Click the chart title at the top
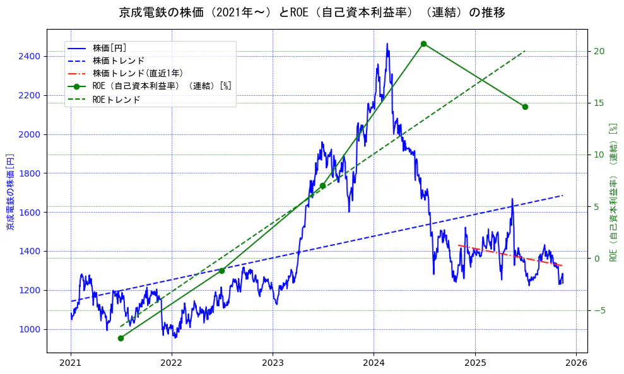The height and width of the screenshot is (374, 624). (x=312, y=12)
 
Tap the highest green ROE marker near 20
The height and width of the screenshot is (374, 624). (x=423, y=44)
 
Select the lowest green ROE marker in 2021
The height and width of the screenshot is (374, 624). (x=121, y=338)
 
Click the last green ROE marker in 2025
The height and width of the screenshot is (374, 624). (x=525, y=107)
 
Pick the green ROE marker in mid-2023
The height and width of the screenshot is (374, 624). (x=322, y=185)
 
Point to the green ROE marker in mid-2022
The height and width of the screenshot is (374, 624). (x=221, y=271)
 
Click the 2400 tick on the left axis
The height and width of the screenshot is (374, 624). (x=30, y=57)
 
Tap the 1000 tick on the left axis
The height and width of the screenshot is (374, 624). (x=30, y=329)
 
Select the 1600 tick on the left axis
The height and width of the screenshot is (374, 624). (x=30, y=213)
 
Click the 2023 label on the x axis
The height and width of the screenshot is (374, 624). (x=273, y=363)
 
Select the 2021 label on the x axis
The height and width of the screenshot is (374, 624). (x=71, y=363)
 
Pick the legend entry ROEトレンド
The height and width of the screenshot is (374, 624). (x=116, y=100)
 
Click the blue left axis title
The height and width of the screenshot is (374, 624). (x=10, y=192)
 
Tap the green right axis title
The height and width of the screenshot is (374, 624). (x=613, y=192)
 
